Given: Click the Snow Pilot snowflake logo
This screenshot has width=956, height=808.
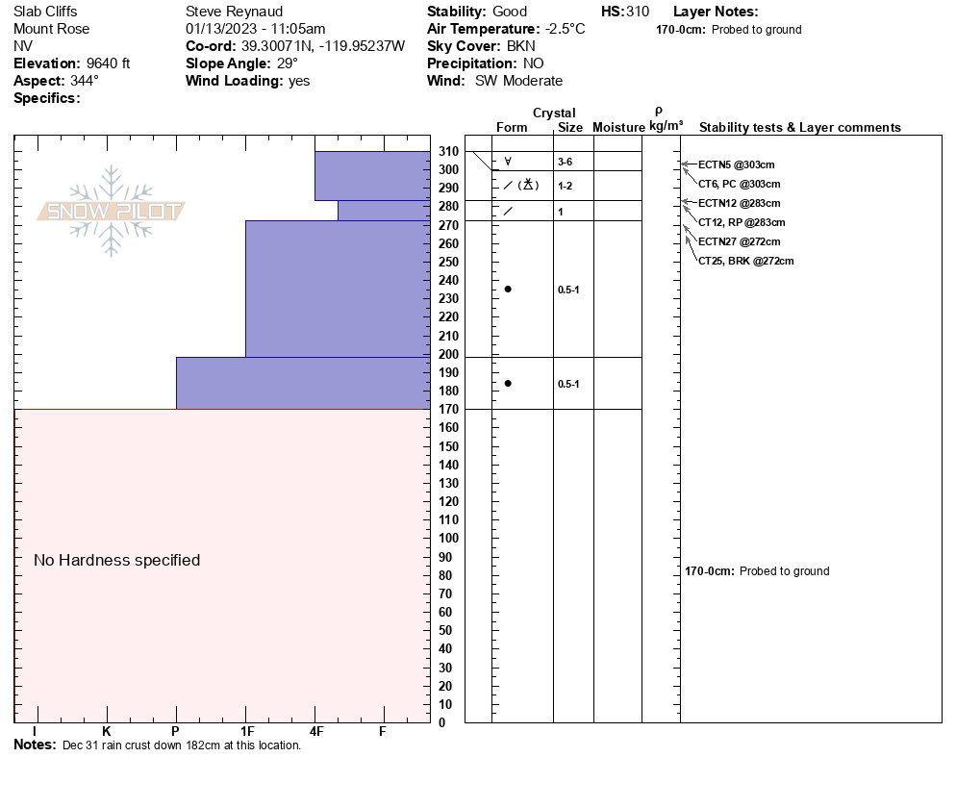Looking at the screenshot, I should [x=112, y=212].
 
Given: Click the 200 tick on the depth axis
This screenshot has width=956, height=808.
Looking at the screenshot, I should [x=449, y=354].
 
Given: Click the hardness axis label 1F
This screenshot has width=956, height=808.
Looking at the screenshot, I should [x=246, y=732].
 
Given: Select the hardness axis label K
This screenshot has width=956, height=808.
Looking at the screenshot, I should [x=107, y=732].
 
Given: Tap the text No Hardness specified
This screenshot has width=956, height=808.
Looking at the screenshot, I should [x=116, y=560].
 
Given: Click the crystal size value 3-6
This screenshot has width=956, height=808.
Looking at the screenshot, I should [x=566, y=162].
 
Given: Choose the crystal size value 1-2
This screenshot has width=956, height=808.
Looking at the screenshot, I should [x=566, y=186].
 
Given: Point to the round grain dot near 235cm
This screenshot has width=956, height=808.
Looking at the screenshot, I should [x=508, y=289].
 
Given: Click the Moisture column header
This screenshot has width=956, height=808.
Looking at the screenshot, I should [x=618, y=127].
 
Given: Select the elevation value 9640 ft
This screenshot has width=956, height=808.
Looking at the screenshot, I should [x=112, y=63].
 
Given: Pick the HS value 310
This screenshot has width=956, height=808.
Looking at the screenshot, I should [x=638, y=12].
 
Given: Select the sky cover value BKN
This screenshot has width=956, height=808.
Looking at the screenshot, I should [x=521, y=46].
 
